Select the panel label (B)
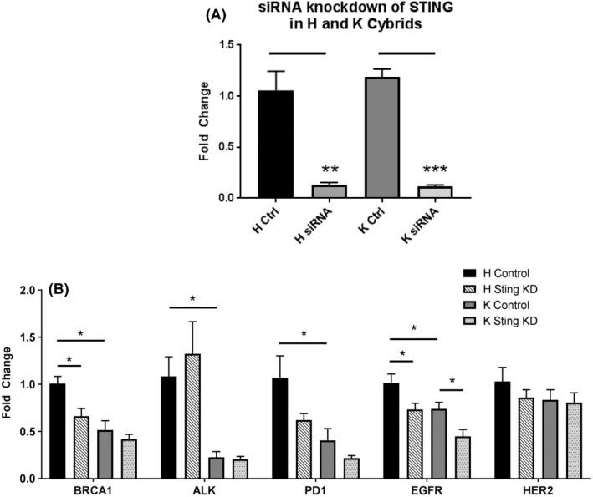[x=63, y=292]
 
